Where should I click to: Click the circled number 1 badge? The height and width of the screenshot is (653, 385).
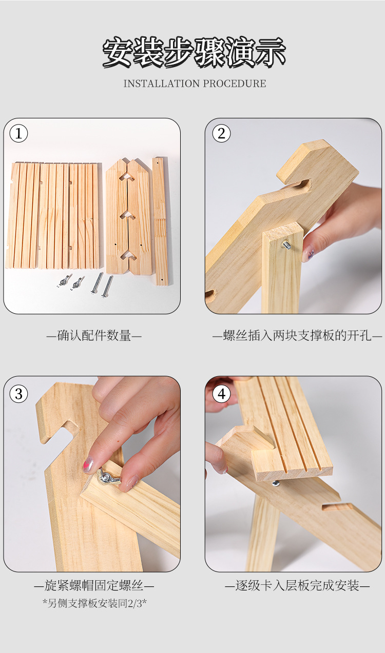click(x=18, y=133)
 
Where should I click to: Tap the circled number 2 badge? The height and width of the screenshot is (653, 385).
click(x=222, y=133)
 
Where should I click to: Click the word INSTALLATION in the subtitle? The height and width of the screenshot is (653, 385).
click(x=161, y=84)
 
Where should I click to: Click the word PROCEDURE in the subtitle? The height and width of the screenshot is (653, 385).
click(x=235, y=84)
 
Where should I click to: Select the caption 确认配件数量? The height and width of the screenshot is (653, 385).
click(x=94, y=336)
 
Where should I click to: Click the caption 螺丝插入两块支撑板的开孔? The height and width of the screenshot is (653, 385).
click(x=297, y=336)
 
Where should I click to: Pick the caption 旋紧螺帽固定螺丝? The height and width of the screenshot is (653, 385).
click(x=94, y=585)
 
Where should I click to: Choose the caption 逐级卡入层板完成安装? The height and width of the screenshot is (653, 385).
click(x=297, y=585)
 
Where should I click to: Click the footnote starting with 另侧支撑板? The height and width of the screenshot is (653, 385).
click(x=94, y=603)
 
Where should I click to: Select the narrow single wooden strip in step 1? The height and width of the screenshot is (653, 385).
click(x=160, y=221)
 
